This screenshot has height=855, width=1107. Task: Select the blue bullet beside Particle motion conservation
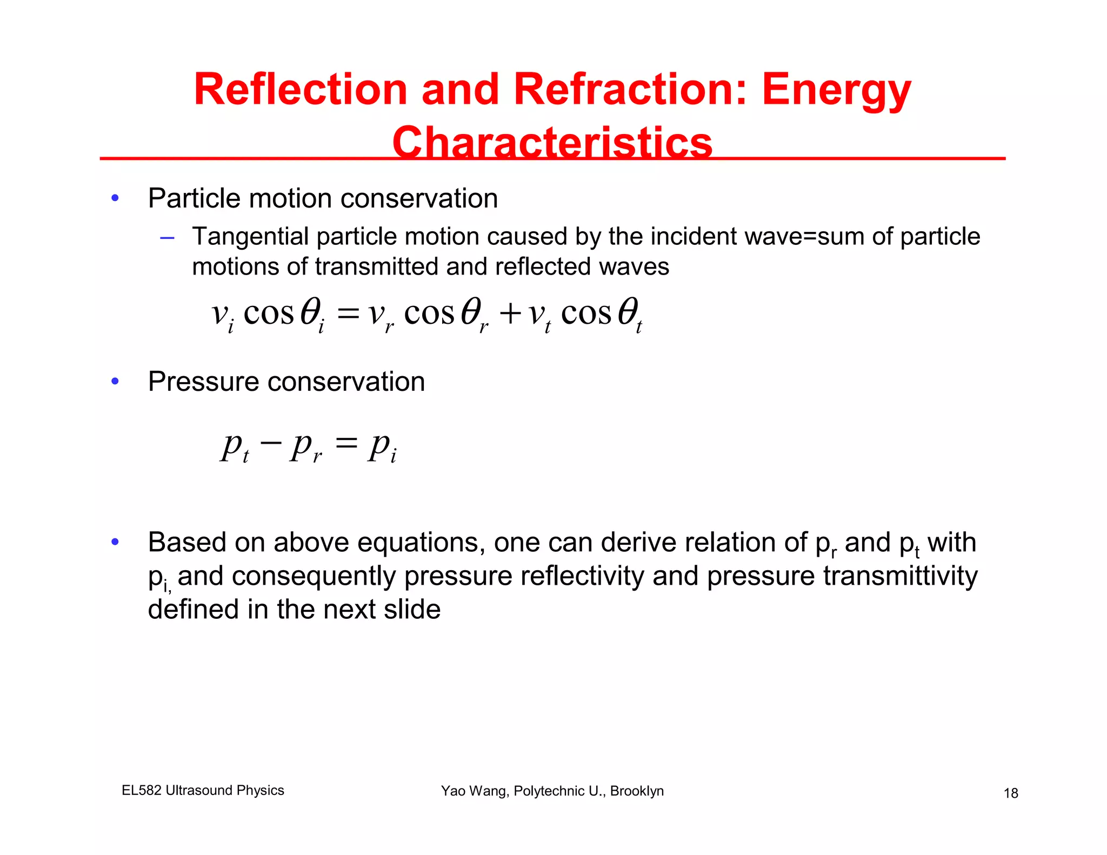click(x=115, y=198)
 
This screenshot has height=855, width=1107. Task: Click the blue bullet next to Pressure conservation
click(x=115, y=382)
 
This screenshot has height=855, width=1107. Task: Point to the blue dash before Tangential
click(x=167, y=237)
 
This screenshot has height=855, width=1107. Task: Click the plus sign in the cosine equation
click(x=510, y=313)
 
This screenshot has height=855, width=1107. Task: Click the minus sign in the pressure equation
click(x=270, y=443)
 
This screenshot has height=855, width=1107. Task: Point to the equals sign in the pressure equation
click(x=346, y=443)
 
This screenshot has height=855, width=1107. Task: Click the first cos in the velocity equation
click(x=268, y=313)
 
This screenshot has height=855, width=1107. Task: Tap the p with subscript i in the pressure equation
click(x=382, y=447)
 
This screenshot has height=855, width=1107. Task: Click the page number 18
click(x=1011, y=793)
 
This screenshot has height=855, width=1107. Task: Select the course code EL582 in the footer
click(x=142, y=790)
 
